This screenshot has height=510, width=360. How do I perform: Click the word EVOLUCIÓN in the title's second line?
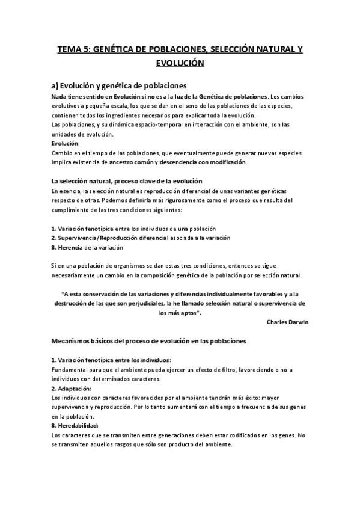180,63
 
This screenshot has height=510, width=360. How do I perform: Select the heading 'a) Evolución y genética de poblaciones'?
118,85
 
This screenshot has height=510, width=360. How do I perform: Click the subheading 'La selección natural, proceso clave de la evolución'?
126,181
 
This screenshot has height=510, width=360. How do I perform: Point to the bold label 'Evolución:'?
66,143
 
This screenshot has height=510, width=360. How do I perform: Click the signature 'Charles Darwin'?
287,322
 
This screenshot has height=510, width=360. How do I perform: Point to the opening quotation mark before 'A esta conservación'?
64,294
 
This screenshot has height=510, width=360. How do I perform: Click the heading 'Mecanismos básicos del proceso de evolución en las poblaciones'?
148,341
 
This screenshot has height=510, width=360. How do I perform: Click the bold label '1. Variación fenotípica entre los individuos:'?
111,360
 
